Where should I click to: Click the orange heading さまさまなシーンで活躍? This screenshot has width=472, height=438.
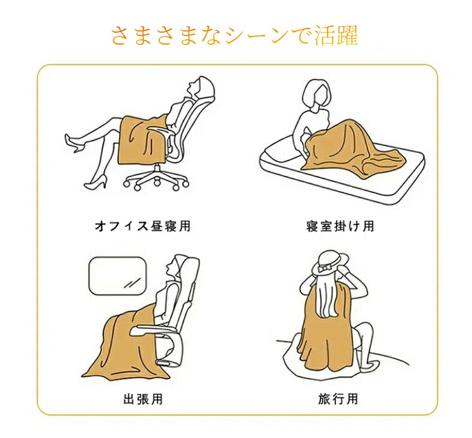click(235, 36)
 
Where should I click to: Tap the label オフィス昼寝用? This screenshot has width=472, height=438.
click(143, 226)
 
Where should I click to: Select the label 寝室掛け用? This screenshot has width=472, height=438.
click(340, 226)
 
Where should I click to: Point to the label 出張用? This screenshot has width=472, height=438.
click(143, 399)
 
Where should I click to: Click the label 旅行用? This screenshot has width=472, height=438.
click(338, 399)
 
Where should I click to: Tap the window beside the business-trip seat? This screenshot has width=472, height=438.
click(117, 276)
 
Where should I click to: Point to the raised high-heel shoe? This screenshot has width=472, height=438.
click(74, 143)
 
